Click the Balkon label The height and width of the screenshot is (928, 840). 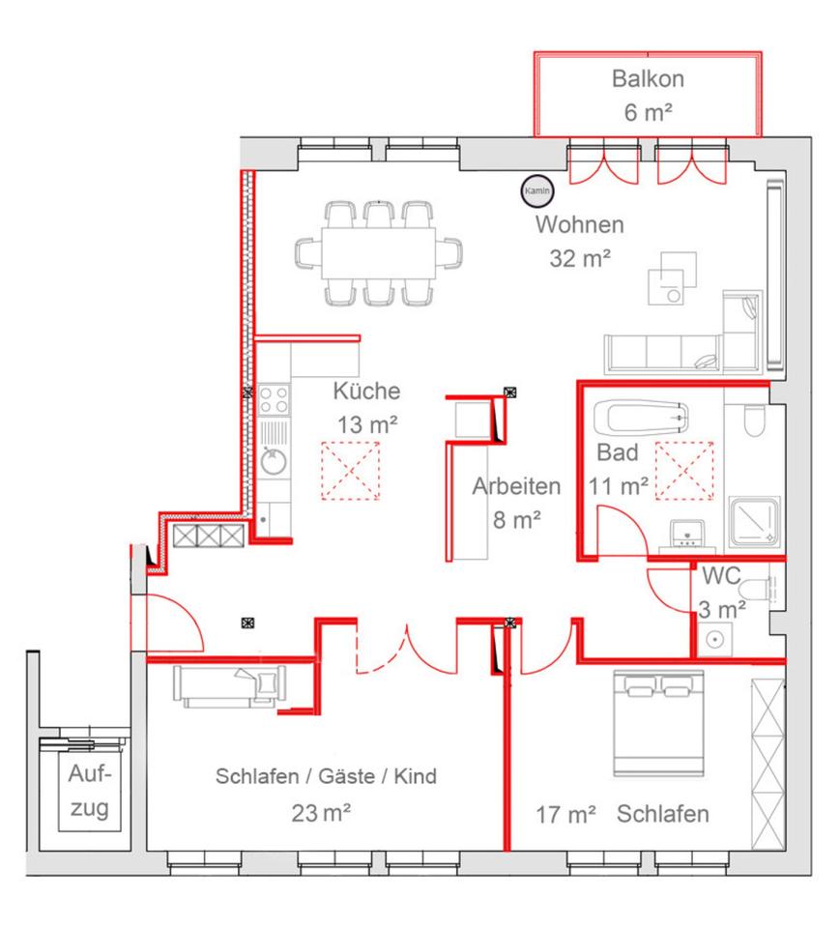(x=646, y=78)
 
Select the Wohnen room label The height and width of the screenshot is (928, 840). (x=580, y=225)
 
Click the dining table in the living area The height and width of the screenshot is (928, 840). (x=378, y=253)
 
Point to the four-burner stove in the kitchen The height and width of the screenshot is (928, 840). (x=272, y=399)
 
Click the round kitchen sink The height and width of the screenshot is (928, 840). (x=272, y=461)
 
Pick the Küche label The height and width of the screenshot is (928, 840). (x=366, y=391)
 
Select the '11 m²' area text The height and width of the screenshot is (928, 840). (x=619, y=485)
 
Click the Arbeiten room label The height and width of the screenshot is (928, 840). (x=516, y=486)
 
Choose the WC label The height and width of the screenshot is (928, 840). (x=721, y=576)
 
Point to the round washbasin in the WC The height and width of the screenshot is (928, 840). (x=717, y=638)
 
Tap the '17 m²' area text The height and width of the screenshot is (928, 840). (x=565, y=815)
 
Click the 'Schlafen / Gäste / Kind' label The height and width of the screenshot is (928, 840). (x=327, y=776)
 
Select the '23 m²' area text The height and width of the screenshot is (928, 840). (x=321, y=813)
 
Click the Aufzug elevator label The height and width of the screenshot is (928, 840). (x=90, y=791)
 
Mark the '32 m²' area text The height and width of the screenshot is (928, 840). (x=580, y=258)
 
